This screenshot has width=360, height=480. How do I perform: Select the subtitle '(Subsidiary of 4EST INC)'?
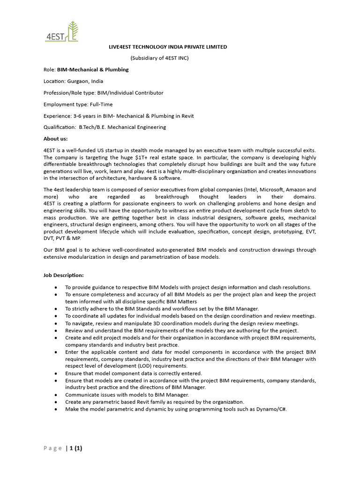[x=159, y=58]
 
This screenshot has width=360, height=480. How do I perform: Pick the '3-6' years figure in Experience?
[x=78, y=116]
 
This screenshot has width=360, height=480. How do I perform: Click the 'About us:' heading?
[x=55, y=139]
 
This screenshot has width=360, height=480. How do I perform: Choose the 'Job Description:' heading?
[x=63, y=275]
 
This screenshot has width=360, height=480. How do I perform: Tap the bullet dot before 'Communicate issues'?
[x=56, y=395]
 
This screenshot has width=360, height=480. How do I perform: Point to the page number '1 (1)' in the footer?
[x=75, y=448]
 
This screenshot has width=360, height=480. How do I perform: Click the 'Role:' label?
[x=49, y=69]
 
